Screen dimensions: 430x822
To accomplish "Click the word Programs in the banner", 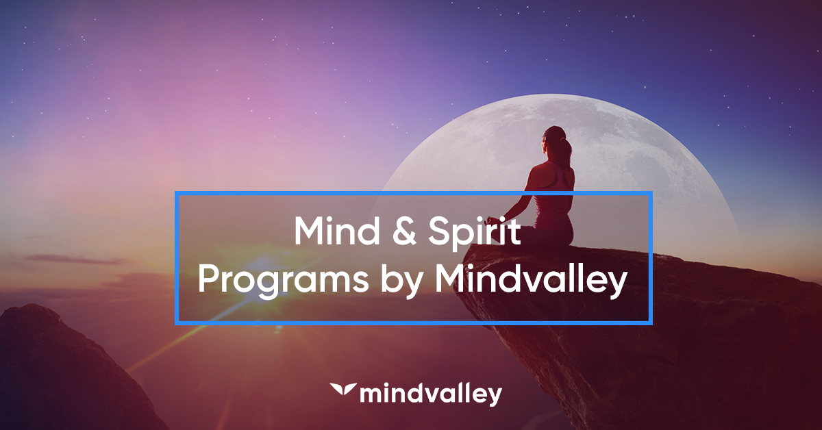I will [271, 280].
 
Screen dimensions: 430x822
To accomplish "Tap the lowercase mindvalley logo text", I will [430, 394].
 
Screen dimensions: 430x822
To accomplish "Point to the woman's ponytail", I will [566, 151].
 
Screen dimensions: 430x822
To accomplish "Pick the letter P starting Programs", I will [207, 280].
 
